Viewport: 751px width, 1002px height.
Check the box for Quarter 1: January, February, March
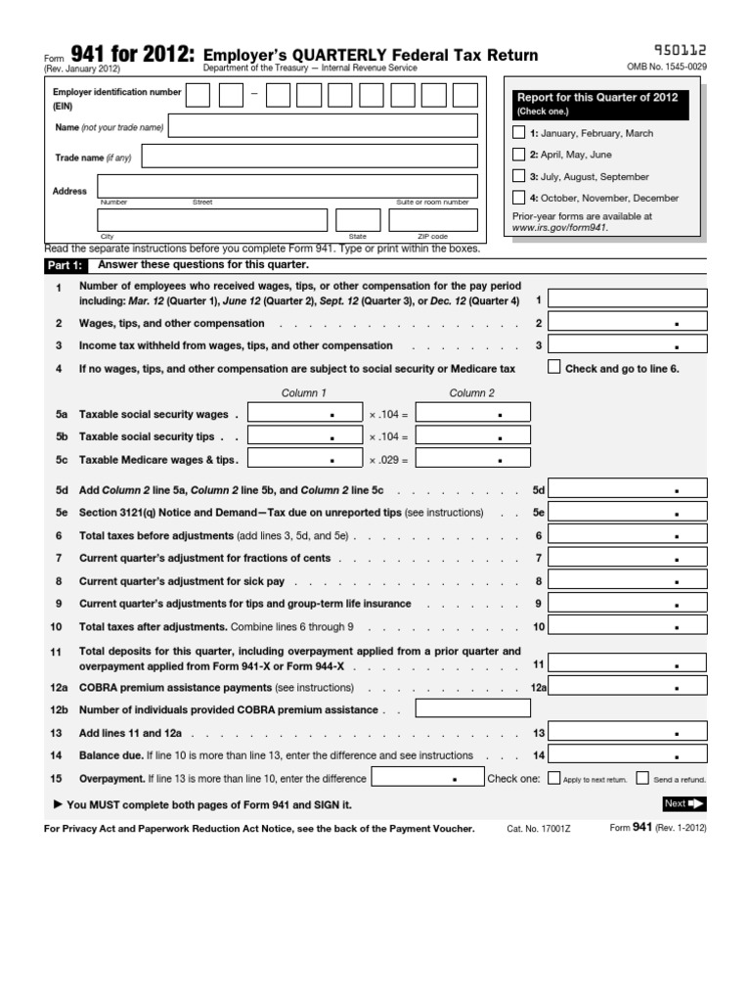[x=518, y=133]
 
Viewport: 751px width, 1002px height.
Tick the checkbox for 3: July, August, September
[x=518, y=176]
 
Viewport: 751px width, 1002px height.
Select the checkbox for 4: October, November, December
[x=518, y=198]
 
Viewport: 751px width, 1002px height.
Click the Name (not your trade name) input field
[x=324, y=126]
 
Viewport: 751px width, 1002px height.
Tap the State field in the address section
[x=358, y=220]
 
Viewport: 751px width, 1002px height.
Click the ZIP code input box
[x=433, y=220]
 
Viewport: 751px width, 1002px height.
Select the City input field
[x=212, y=220]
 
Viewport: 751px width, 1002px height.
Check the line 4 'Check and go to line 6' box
[x=554, y=368]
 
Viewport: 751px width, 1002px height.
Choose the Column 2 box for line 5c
[x=473, y=458]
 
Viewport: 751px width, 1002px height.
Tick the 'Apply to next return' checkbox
[x=554, y=780]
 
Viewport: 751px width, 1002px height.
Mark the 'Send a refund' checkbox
[x=642, y=780]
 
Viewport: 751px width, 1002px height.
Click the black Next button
[x=685, y=803]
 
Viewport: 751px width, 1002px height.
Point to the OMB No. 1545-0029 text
[x=667, y=68]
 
